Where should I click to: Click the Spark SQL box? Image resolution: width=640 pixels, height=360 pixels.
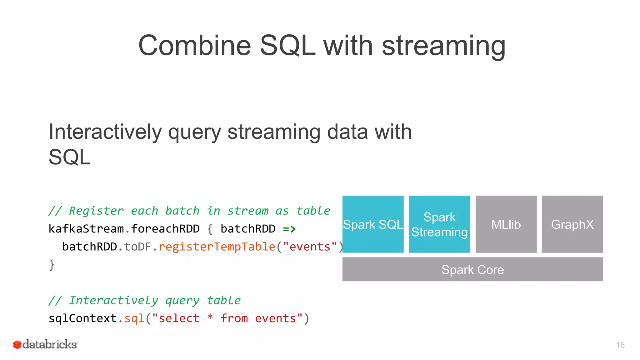tap(373, 224)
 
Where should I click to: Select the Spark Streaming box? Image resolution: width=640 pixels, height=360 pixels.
tap(439, 224)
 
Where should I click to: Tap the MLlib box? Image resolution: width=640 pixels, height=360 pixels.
tap(506, 224)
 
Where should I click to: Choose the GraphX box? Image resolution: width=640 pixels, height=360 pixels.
tap(572, 224)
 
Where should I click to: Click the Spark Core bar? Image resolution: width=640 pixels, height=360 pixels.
tap(472, 269)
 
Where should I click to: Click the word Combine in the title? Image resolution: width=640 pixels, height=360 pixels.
tap(194, 46)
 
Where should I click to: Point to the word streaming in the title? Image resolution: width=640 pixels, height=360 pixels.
tap(443, 46)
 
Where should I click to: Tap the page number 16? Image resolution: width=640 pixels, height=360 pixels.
tap(620, 345)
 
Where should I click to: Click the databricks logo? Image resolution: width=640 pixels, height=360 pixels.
tap(45, 344)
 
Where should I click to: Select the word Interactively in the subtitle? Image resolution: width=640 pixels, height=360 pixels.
tap(105, 132)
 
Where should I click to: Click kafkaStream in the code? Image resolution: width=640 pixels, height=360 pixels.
tap(86, 229)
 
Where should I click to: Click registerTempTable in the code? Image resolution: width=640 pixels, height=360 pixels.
tap(217, 247)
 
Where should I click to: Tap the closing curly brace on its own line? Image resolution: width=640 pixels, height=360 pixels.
tap(52, 265)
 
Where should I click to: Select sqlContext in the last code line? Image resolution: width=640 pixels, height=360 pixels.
tap(82, 318)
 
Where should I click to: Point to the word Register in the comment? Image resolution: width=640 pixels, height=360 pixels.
tap(96, 211)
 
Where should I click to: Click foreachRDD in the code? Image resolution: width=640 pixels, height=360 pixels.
tap(165, 229)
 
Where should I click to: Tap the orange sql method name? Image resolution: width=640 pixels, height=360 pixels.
tap(134, 319)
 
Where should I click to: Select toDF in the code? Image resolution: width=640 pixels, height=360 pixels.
tap(138, 247)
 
